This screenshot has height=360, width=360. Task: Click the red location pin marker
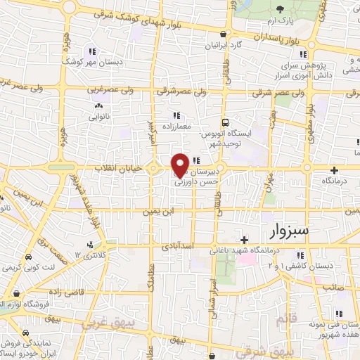click(x=180, y=165)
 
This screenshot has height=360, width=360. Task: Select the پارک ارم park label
click(x=281, y=20)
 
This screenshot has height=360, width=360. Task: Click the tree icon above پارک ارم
click(x=281, y=8)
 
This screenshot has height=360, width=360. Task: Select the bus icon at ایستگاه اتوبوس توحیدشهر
click(x=225, y=121)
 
